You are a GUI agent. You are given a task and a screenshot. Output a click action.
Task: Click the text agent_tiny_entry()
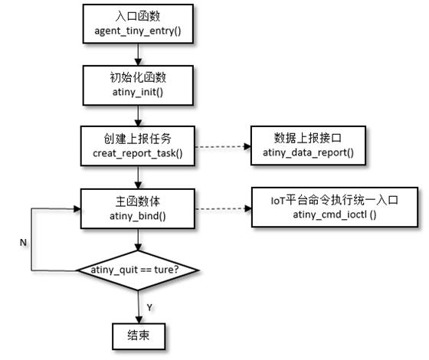pos(138,31)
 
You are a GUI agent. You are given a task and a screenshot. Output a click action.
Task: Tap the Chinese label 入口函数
pos(138,16)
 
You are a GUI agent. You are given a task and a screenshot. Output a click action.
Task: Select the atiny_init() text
pos(138,92)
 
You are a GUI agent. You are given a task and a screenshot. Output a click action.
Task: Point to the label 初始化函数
pos(138,77)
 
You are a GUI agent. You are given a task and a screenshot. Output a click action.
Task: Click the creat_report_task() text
pos(138,153)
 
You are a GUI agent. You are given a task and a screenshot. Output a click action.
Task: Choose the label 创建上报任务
pos(138,139)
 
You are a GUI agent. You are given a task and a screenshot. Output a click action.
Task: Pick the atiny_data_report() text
pos(308,152)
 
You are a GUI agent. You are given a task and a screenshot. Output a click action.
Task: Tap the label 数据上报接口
pos(308,138)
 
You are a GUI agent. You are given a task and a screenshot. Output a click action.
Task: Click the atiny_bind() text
pos(138,216)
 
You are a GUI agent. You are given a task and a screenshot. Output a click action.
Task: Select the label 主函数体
pos(138,201)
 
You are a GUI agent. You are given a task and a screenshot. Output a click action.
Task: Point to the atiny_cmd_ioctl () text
pos(334,214)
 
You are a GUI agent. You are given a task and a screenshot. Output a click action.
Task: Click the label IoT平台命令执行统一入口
pos(334,200)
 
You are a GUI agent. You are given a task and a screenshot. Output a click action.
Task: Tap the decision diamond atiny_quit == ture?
pos(138,270)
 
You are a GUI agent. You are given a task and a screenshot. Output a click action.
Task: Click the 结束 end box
pos(139,336)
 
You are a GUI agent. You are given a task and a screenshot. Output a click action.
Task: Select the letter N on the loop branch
pos(23,242)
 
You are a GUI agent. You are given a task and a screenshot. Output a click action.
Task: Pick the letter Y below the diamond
pos(149,307)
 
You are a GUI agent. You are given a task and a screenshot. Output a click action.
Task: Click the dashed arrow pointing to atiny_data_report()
pos(223,146)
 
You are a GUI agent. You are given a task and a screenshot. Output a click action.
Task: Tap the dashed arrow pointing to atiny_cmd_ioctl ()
pos(223,208)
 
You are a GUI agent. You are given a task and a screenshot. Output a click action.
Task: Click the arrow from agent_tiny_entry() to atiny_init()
pos(138,54)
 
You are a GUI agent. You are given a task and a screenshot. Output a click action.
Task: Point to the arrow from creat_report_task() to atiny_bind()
pos(138,177)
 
